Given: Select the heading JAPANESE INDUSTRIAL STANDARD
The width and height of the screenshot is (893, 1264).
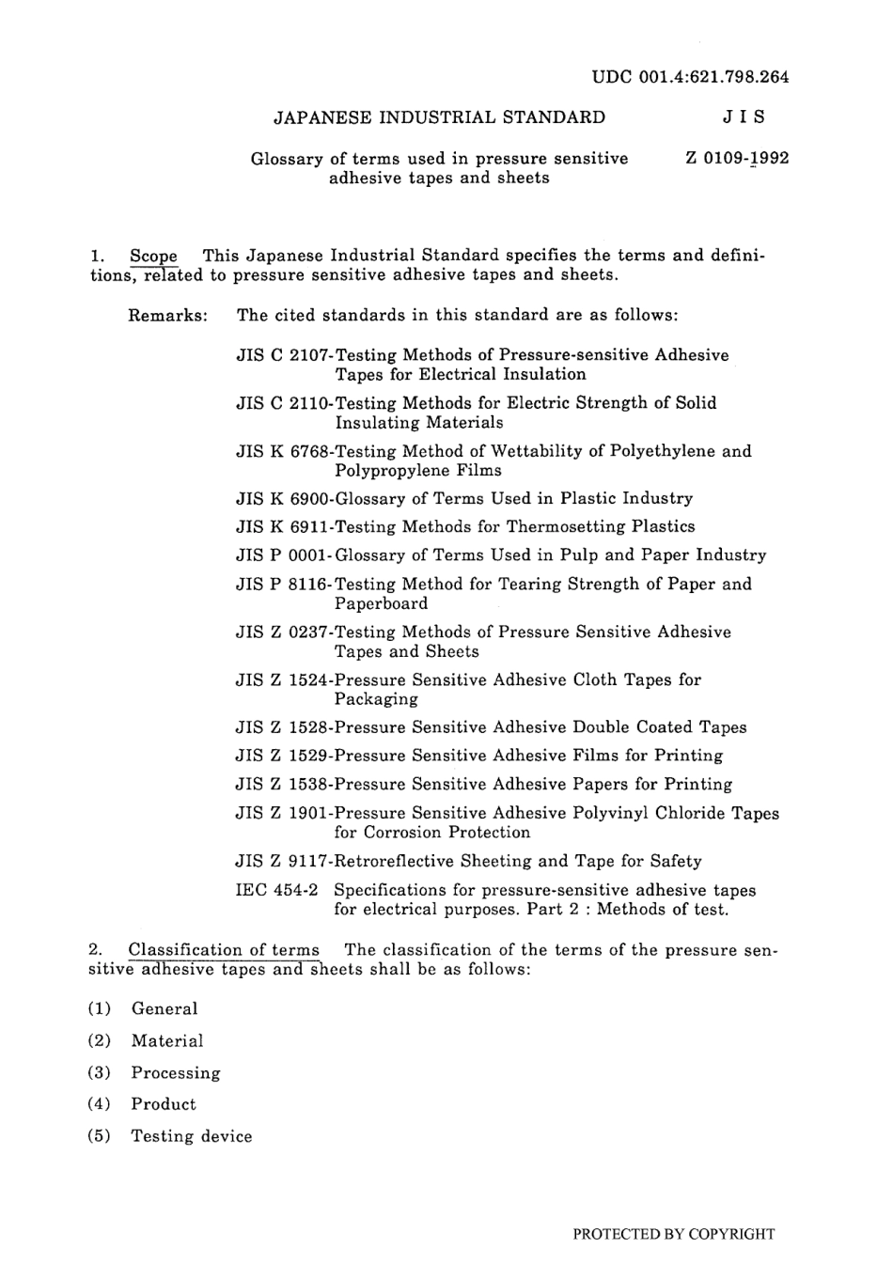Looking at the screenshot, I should pyautogui.click(x=439, y=117).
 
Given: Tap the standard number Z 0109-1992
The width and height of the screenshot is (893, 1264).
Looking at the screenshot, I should pyautogui.click(x=737, y=158).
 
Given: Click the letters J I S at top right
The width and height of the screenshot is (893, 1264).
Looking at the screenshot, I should pyautogui.click(x=744, y=117).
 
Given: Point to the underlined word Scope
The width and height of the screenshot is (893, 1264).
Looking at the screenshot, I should pyautogui.click(x=153, y=256).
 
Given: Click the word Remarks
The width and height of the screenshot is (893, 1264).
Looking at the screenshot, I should pyautogui.click(x=167, y=315).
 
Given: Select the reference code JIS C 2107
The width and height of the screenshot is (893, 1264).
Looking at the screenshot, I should pyautogui.click(x=282, y=355).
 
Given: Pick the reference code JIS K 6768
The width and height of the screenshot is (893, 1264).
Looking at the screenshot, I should pyautogui.click(x=282, y=451).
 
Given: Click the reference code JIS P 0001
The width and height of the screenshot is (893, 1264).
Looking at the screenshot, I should pyautogui.click(x=282, y=555).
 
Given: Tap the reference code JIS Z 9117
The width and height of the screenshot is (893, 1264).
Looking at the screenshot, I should pyautogui.click(x=282, y=861).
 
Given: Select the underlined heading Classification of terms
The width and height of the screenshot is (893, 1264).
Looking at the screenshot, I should pyautogui.click(x=224, y=950).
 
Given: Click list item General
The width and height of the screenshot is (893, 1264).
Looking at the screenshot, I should pyautogui.click(x=164, y=1009).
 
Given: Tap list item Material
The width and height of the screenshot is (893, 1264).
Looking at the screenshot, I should pyautogui.click(x=167, y=1041).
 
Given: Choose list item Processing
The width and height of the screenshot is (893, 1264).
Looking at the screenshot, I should pyautogui.click(x=176, y=1073).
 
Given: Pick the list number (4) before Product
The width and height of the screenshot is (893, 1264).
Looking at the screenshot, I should pyautogui.click(x=99, y=1104).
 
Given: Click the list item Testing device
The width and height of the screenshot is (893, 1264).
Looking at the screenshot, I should pyautogui.click(x=192, y=1136).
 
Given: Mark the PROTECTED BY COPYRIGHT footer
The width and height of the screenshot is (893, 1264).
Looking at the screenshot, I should pyautogui.click(x=673, y=1234).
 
